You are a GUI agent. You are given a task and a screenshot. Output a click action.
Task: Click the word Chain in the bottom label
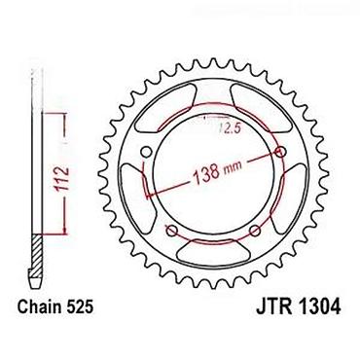(x=40, y=306)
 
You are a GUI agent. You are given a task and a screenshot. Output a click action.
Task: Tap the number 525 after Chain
(x=80, y=306)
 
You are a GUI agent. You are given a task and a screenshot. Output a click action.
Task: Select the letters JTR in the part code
(x=273, y=306)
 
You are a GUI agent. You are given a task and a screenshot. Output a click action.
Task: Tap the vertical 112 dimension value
(x=61, y=179)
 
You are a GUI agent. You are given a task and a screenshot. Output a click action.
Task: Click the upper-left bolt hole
(x=147, y=152)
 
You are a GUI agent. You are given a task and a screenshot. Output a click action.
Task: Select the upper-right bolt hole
(x=280, y=152)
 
